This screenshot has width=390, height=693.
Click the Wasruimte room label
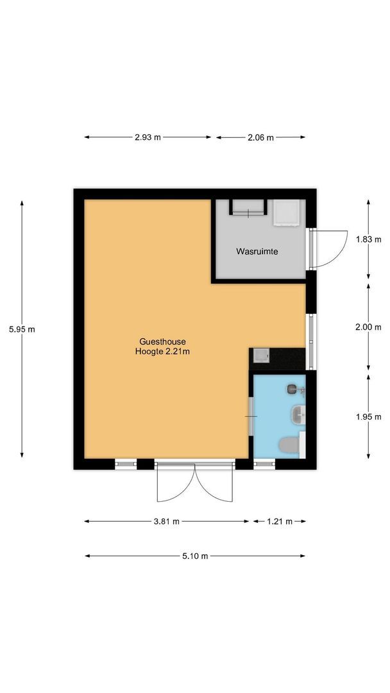(257, 252)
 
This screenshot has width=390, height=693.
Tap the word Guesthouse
(162, 341)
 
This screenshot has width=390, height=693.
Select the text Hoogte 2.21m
(162, 351)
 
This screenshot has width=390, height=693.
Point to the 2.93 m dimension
(148, 137)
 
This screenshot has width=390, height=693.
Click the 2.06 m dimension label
(260, 137)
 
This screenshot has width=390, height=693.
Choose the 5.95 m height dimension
(22, 329)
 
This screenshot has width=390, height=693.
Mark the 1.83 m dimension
(368, 239)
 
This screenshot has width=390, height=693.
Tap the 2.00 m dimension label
(368, 327)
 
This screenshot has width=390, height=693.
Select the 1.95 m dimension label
(368, 416)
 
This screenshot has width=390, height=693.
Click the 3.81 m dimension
(166, 522)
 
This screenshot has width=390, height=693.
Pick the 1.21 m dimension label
(279, 522)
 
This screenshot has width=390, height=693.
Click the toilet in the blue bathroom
(289, 445)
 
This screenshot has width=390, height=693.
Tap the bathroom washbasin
(298, 415)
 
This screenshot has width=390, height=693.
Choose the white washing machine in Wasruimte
(286, 212)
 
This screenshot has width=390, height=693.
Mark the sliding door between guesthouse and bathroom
(251, 416)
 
